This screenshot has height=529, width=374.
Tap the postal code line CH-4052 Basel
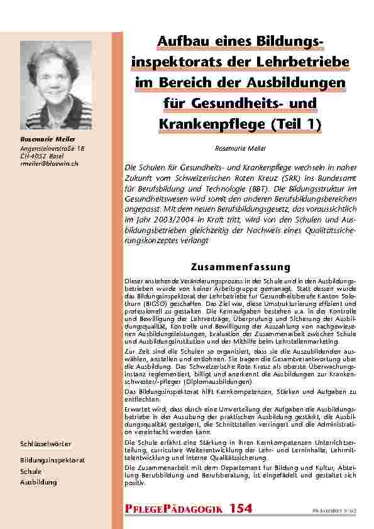click(42, 156)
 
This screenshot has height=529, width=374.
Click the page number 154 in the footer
click(241, 507)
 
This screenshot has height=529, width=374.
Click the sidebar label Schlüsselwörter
click(46, 444)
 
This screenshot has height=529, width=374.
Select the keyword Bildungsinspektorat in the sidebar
click(52, 460)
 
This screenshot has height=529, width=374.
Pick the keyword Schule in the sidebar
click(31, 471)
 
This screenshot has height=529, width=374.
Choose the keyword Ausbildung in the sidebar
click(38, 482)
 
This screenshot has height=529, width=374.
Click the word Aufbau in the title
click(182, 41)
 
